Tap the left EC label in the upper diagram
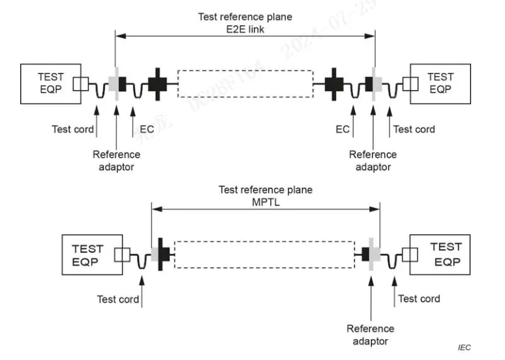coord(147,129)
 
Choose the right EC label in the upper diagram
coord(343,129)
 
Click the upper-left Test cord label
coord(72,129)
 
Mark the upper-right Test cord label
coord(414,129)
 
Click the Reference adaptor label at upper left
coord(116,160)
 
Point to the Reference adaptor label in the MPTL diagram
coord(371,335)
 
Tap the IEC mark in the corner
coord(464,348)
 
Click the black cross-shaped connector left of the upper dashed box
coord(157,83)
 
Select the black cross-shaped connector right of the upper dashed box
coord(334,83)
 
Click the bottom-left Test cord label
coord(118,299)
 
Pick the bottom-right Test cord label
coord(419,299)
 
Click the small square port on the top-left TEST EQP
coord(80,83)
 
